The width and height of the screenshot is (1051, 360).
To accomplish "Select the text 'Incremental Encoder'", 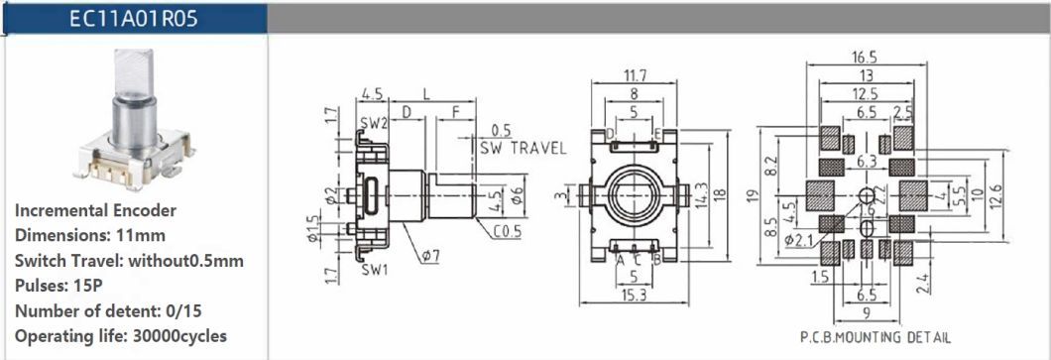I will [95, 210].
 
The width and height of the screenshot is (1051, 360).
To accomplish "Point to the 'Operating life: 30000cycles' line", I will [121, 335].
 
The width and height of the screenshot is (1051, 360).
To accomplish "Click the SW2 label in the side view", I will [372, 124].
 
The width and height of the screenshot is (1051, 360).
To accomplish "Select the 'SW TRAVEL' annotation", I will [523, 149].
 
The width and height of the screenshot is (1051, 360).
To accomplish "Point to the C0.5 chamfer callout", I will [508, 233].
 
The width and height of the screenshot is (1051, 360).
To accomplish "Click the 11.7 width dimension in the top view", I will [635, 75].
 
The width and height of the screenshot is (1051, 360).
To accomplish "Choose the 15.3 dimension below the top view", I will [635, 296].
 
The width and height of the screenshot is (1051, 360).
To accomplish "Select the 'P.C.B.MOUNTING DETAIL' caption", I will [875, 337].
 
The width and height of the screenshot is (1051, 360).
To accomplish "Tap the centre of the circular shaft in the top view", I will [635, 189].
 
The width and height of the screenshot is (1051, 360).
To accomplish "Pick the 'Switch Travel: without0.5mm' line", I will [129, 261].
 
